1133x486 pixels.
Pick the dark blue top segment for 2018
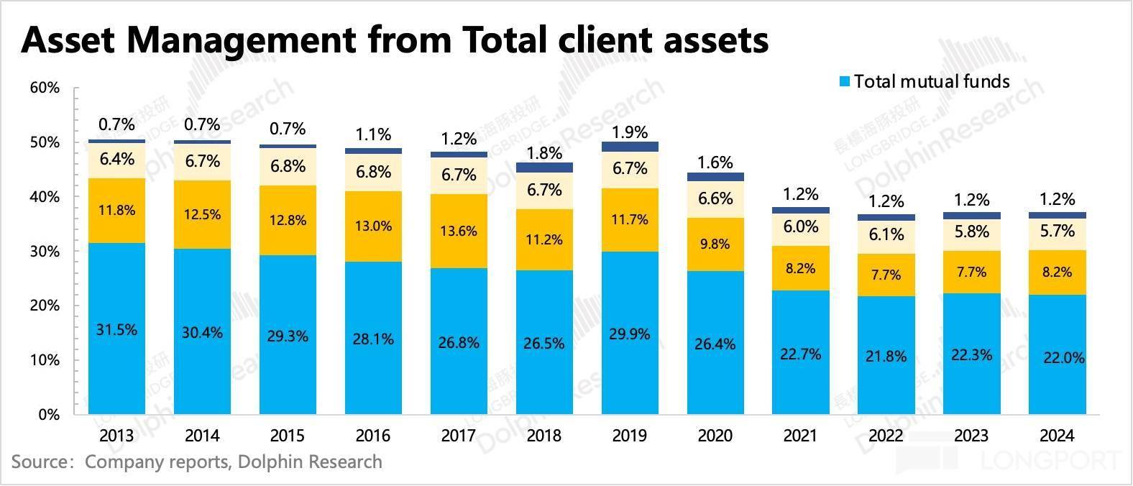pyautogui.click(x=544, y=168)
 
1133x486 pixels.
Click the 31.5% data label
pyautogui.click(x=116, y=330)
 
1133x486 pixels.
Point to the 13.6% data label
pyautogui.click(x=459, y=231)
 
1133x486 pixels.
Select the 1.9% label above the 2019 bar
pyautogui.click(x=630, y=132)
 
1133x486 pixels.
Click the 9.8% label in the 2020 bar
pyautogui.click(x=715, y=244)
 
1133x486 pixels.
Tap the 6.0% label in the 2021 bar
pyautogui.click(x=801, y=226)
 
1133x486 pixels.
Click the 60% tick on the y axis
pyautogui.click(x=45, y=88)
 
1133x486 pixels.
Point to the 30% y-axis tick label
pyautogui.click(x=45, y=252)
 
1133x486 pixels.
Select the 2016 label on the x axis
pyautogui.click(x=373, y=436)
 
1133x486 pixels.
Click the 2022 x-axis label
pyautogui.click(x=886, y=436)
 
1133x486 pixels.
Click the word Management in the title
pyautogui.click(x=242, y=40)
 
